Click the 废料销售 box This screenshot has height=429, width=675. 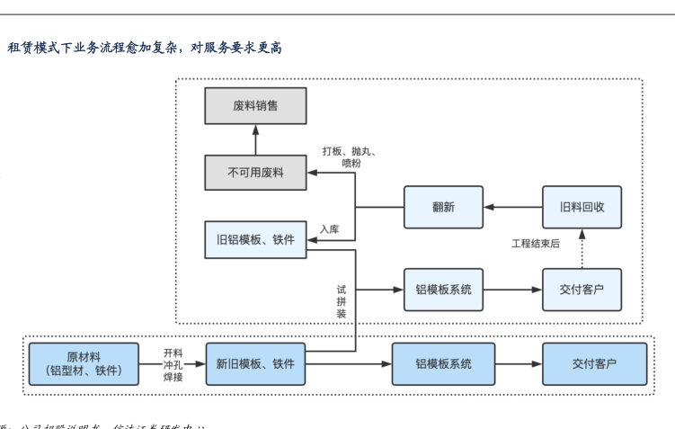coord(255,106)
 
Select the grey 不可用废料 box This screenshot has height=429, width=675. coord(255,173)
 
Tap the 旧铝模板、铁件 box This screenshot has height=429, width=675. coord(255,240)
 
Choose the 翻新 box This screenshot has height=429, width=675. coord(443,207)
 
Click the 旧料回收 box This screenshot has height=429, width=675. coord(582,207)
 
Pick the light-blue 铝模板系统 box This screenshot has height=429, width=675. coord(443,290)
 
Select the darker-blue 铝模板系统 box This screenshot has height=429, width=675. coord(443,364)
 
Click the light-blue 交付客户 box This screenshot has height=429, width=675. coord(582,290)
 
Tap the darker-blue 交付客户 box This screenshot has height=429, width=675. coord(594,364)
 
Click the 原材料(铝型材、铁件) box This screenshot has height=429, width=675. coord(84,364)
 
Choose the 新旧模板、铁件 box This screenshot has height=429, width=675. coord(255,364)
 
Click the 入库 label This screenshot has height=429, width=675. coord(329,229)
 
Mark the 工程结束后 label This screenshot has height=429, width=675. coord(536,244)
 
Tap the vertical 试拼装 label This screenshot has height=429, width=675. coord(342,301)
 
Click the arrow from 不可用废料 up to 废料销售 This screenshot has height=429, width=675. coord(255,139)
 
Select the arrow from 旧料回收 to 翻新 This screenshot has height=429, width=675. coord(512,207)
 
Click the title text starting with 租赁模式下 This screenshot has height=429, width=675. coord(145,47)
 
